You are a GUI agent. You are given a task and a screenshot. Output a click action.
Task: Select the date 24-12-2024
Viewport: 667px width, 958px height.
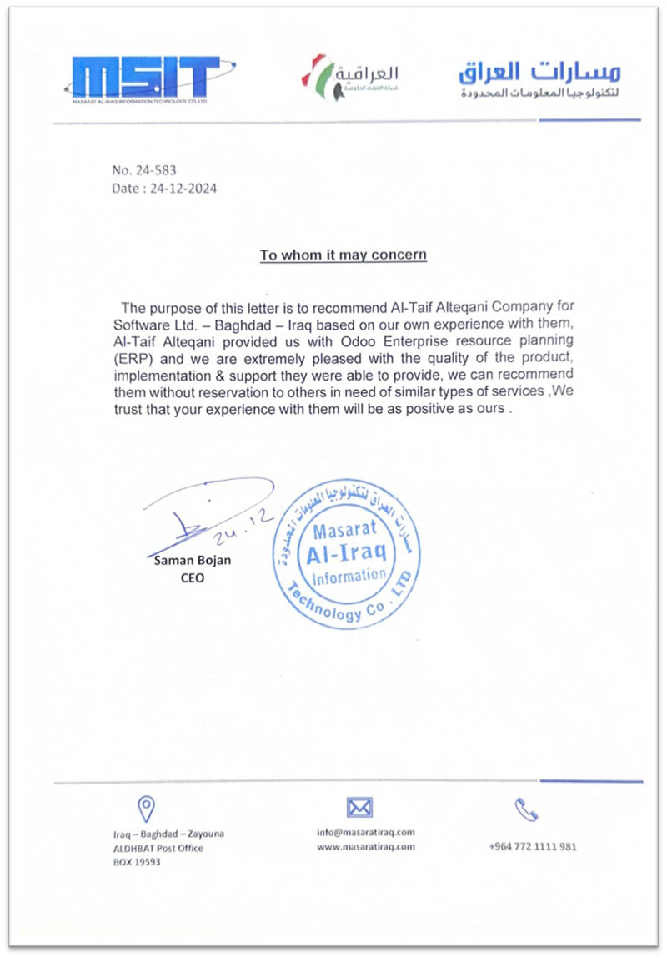pos(183,189)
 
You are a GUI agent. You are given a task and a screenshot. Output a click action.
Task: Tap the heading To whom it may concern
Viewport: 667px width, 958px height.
pos(343,255)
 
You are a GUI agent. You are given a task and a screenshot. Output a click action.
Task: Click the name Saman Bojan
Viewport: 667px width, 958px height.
pos(193,561)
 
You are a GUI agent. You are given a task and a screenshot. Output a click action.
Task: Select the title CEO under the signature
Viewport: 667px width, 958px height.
pos(192,577)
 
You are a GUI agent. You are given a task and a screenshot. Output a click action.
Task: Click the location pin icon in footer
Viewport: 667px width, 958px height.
pos(146,807)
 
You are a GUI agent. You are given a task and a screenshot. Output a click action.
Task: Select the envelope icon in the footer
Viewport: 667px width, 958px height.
pos(359,806)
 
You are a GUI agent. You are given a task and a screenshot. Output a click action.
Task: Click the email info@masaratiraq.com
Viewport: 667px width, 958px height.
pos(366,831)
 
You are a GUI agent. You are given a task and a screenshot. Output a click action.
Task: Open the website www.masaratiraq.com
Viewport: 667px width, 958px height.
pos(366,846)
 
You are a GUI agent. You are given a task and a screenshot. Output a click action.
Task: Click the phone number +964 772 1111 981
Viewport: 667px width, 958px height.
pos(533,846)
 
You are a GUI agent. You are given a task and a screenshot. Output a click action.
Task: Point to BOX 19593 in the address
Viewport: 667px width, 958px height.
pos(137,862)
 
